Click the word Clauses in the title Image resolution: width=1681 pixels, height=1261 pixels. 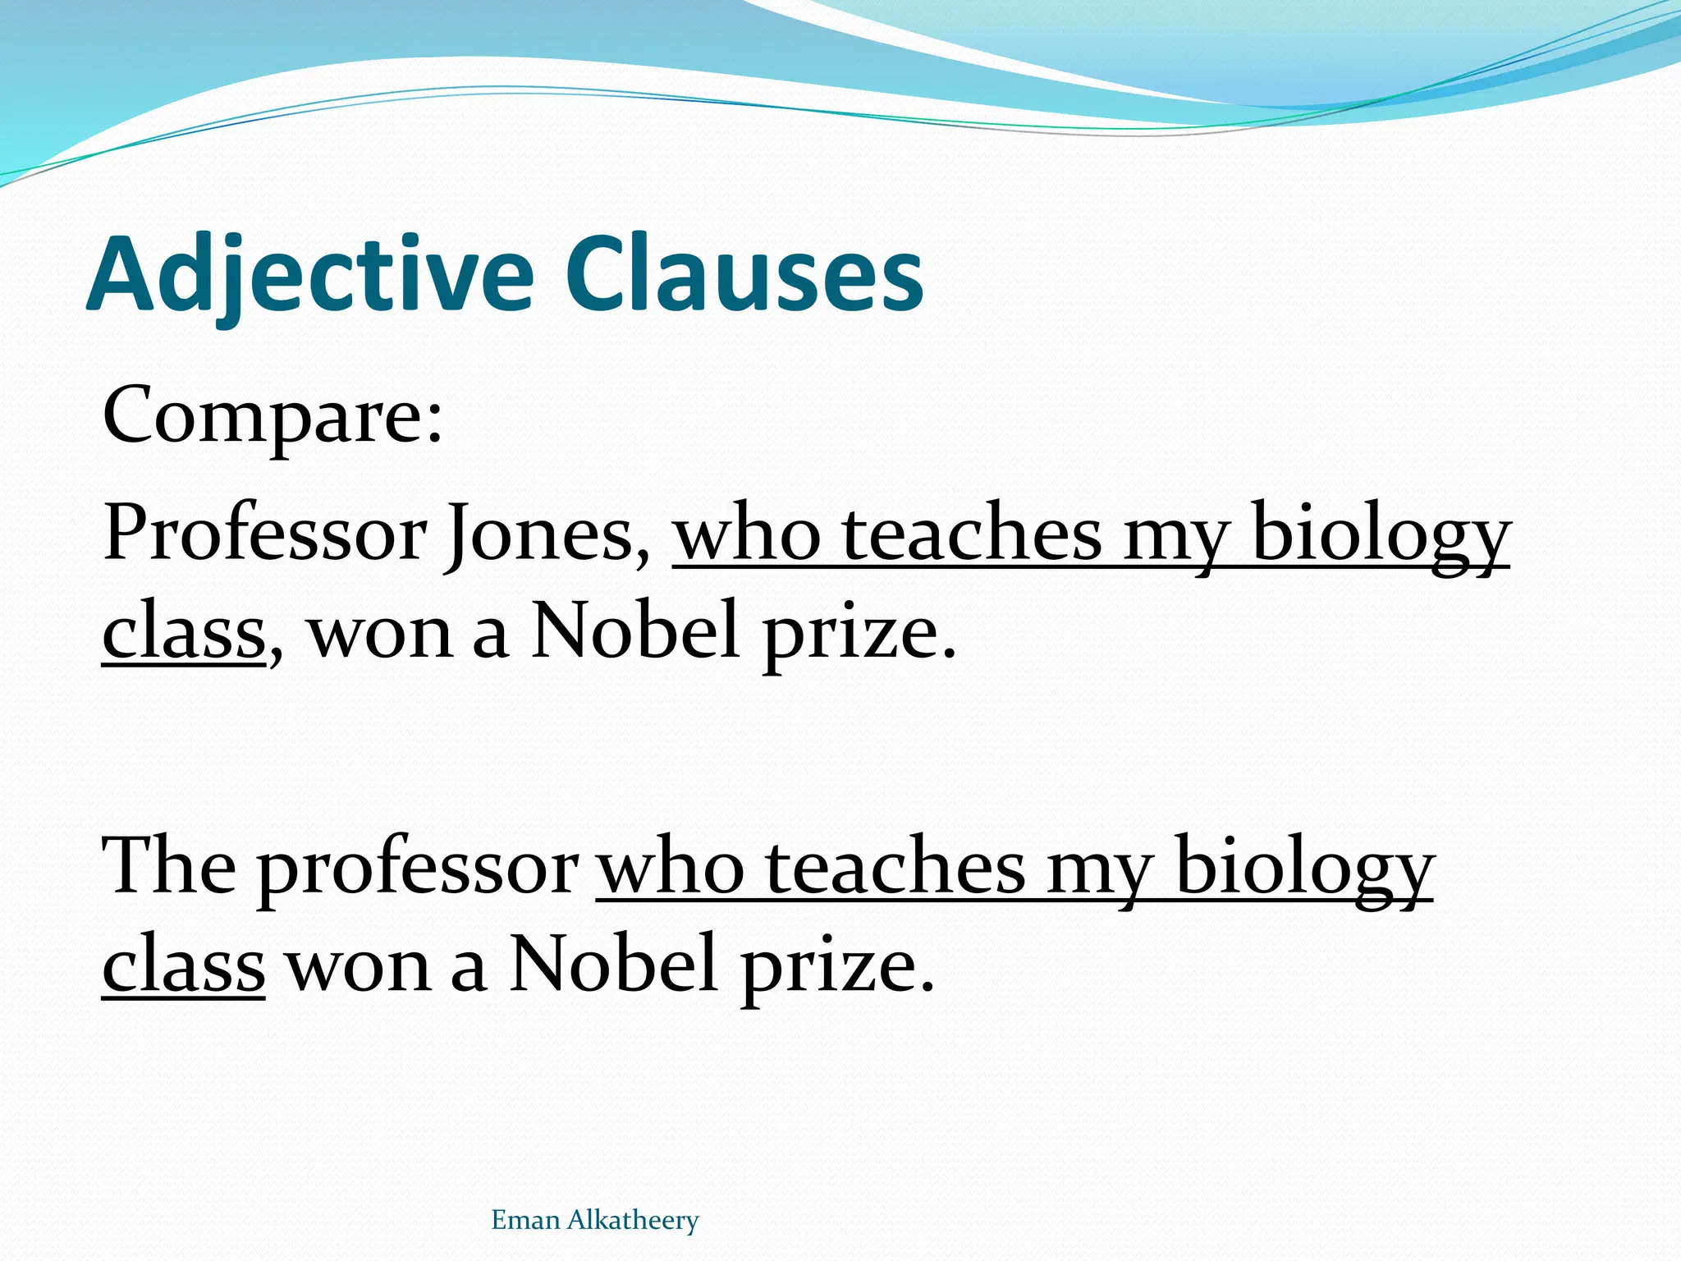click(744, 273)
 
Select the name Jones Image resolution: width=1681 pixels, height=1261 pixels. click(539, 534)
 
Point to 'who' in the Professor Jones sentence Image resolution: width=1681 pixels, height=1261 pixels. click(747, 534)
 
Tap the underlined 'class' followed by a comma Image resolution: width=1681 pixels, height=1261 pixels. click(184, 633)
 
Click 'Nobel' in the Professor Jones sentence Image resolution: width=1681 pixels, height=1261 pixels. click(636, 633)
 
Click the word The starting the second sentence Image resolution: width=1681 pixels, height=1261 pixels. click(169, 867)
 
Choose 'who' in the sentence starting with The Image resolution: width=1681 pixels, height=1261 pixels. click(670, 867)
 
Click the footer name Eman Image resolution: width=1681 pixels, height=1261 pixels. click(525, 1221)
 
